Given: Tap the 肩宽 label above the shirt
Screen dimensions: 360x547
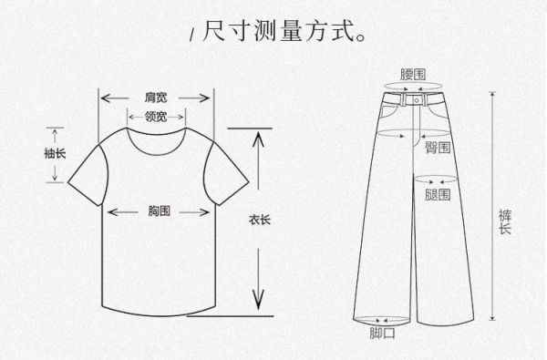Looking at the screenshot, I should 156,96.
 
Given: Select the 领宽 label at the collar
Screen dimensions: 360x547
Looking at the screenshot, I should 156,116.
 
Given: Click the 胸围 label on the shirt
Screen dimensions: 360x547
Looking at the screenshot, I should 159,211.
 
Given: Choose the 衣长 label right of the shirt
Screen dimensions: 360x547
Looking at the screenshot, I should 259,219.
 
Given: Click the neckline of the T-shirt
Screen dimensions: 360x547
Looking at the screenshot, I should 156,137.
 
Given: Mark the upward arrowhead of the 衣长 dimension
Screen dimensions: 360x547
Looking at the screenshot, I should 259,137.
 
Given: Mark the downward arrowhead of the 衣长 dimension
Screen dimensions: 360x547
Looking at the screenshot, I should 259,304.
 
